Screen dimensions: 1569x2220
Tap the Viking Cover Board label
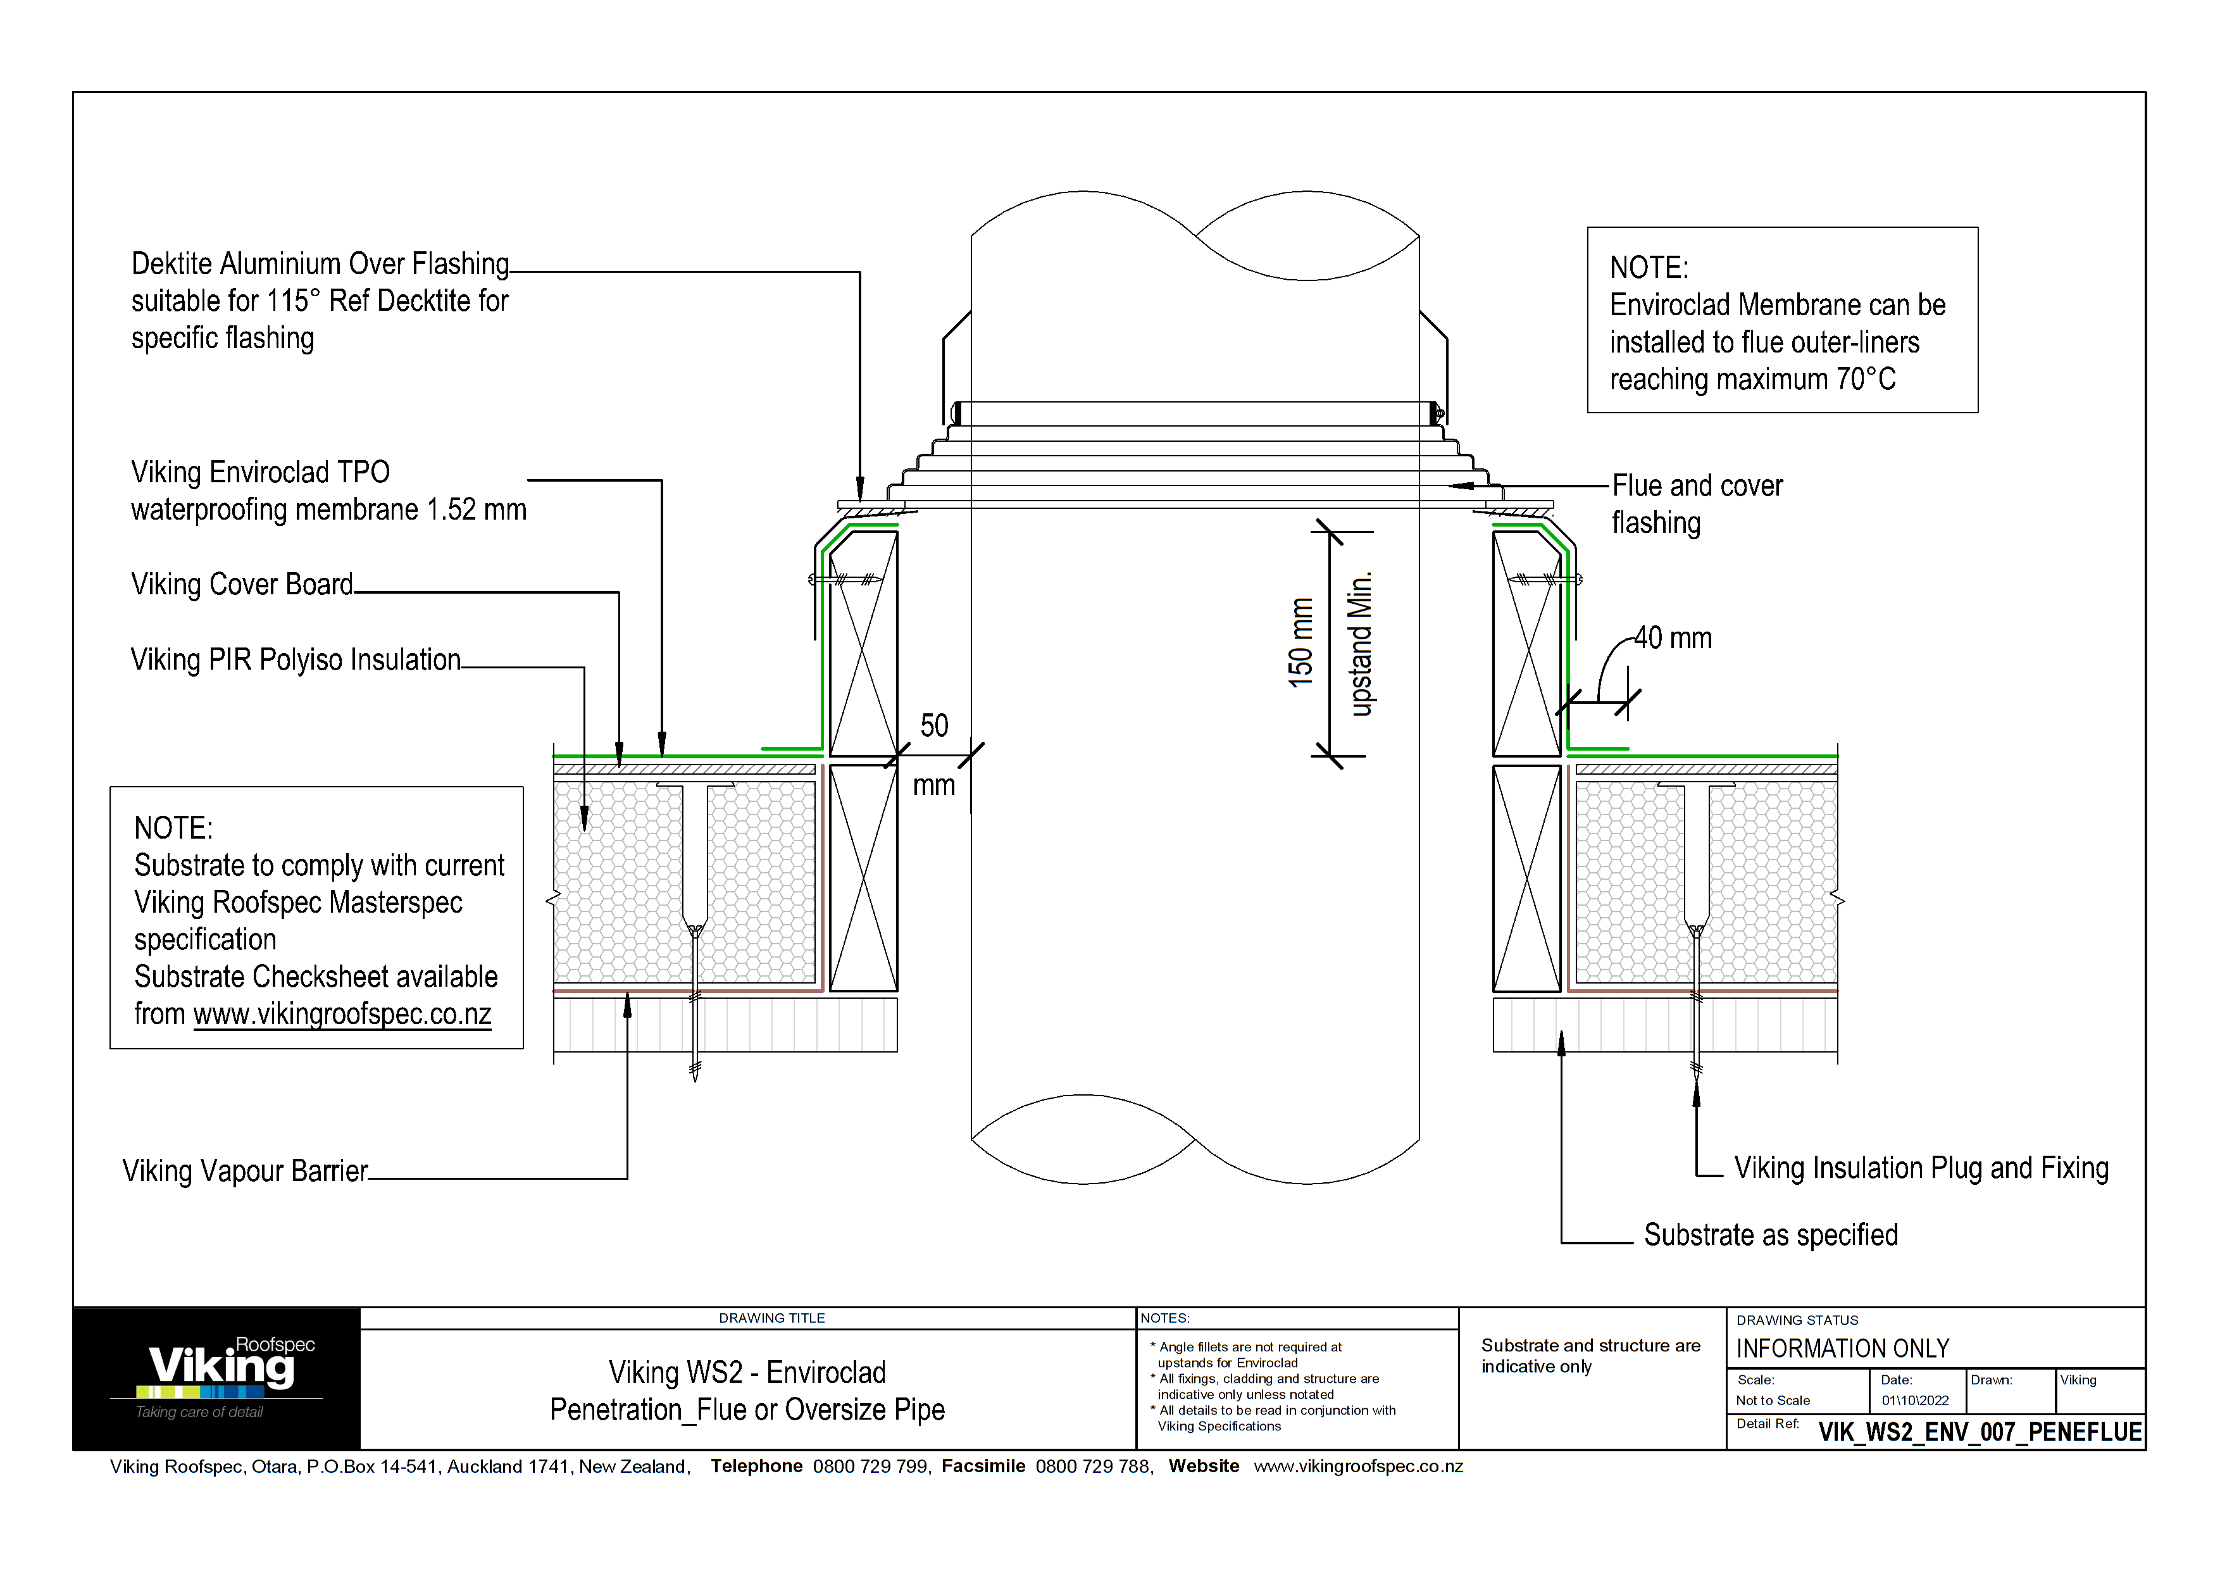click(x=242, y=585)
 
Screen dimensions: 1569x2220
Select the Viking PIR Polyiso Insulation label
click(x=295, y=660)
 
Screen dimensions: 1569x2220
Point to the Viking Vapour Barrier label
click(x=245, y=1172)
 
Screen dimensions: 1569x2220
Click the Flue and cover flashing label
click(x=1697, y=504)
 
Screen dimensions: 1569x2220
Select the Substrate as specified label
click(x=1771, y=1235)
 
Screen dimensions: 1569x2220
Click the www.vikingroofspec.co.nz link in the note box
click(x=342, y=1014)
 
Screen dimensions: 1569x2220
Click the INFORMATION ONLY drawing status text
click(x=1842, y=1349)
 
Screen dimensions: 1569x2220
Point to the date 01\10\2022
click(x=1914, y=1401)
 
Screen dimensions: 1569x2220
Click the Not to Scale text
click(x=1773, y=1401)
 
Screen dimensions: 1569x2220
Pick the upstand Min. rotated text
click(x=1361, y=644)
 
